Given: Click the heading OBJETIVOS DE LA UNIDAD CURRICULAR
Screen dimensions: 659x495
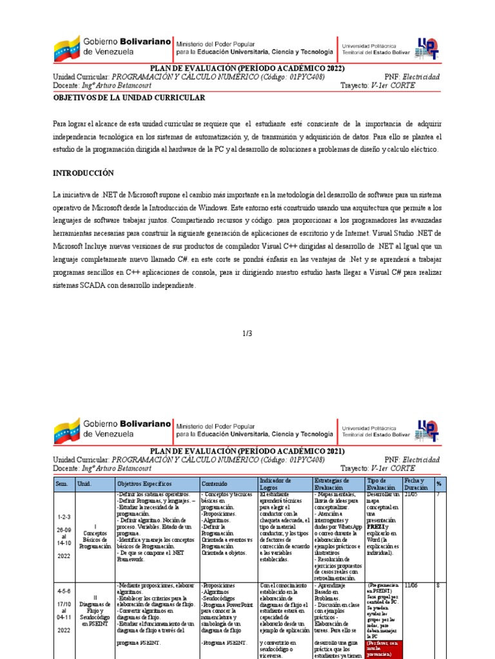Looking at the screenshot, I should (x=129, y=97).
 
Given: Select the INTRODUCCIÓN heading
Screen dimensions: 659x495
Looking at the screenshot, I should (x=82, y=173).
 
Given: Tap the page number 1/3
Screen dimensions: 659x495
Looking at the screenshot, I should (x=247, y=333).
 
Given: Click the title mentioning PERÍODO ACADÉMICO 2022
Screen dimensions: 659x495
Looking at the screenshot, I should (x=247, y=69).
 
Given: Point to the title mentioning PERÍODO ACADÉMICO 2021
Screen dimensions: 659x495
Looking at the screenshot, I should (x=247, y=450).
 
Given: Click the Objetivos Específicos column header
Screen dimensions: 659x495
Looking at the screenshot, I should (x=144, y=483).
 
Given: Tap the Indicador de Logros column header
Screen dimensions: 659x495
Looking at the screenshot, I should (x=275, y=483).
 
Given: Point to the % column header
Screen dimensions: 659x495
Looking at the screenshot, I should (x=439, y=483).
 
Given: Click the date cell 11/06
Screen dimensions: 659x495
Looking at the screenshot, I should (x=411, y=586).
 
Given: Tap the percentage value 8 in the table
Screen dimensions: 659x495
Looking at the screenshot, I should (x=438, y=586).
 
